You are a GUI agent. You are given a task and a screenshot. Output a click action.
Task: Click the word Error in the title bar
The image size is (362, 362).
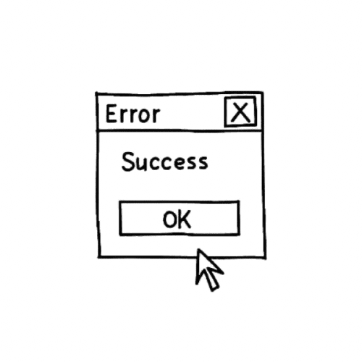[132, 114]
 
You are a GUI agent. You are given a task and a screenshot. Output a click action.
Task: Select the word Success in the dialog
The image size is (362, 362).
[164, 161]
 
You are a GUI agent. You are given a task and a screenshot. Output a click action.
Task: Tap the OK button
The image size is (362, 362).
[180, 218]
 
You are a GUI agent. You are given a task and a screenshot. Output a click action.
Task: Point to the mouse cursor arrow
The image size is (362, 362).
[209, 270]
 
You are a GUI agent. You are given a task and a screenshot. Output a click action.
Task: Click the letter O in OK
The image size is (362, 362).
[170, 219]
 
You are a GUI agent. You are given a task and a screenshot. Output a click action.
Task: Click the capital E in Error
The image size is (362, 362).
[111, 114]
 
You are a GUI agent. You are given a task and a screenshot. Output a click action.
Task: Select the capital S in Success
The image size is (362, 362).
[128, 161]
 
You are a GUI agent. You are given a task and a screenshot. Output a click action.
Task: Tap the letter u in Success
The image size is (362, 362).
[143, 164]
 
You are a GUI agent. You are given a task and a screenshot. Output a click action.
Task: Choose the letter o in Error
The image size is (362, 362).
[145, 116]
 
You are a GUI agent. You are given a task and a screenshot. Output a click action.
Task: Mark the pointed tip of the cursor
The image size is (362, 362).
[198, 250]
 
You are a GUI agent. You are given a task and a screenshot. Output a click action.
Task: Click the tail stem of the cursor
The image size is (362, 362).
[212, 282]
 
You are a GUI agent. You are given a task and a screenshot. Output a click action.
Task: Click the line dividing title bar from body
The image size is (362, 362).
[180, 131]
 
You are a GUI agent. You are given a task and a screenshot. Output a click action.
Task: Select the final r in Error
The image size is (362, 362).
[156, 115]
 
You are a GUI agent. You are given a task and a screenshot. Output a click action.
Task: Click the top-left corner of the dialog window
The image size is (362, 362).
[96, 93]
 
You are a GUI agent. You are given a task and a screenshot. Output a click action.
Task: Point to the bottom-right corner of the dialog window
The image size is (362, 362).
[265, 258]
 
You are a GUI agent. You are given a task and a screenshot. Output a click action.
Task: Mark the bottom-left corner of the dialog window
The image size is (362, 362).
[99, 256]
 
